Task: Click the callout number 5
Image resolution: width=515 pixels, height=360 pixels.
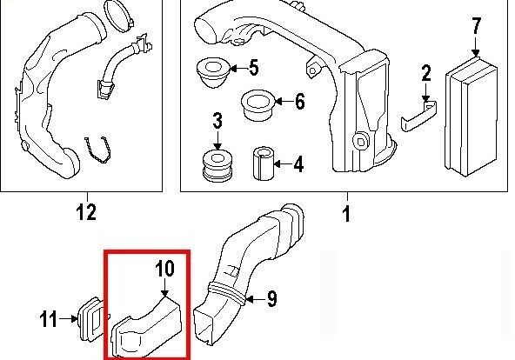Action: pyautogui.click(x=254, y=68)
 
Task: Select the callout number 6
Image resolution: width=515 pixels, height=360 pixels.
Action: pyautogui.click(x=300, y=101)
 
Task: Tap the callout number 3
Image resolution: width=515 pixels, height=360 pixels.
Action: pyautogui.click(x=217, y=121)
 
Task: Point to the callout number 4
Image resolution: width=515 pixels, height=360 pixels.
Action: pyautogui.click(x=298, y=164)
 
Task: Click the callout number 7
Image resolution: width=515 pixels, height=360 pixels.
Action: pyautogui.click(x=477, y=25)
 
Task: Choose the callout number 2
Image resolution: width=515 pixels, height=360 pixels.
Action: pyautogui.click(x=426, y=73)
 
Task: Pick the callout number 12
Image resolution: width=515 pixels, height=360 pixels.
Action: pyautogui.click(x=87, y=212)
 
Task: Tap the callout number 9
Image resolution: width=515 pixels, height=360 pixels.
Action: pyautogui.click(x=271, y=298)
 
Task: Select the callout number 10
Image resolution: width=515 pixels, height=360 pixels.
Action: pyautogui.click(x=165, y=269)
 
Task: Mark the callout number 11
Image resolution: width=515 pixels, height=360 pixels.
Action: pyautogui.click(x=49, y=319)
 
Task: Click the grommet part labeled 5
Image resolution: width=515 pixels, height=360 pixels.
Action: pyautogui.click(x=212, y=72)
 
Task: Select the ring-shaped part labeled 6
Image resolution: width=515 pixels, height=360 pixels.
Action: pyautogui.click(x=257, y=105)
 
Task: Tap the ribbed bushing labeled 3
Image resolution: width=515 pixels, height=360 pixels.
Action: pyautogui.click(x=217, y=165)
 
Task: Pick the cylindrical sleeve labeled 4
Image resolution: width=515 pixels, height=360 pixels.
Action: pyautogui.click(x=263, y=163)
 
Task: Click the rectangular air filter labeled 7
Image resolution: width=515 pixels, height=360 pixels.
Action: pyautogui.click(x=472, y=117)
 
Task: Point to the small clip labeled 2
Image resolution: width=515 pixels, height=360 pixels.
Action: pyautogui.click(x=418, y=116)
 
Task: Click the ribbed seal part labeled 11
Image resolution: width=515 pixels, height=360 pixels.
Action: pyautogui.click(x=91, y=319)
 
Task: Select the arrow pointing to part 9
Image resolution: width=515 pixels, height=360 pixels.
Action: pyautogui.click(x=255, y=299)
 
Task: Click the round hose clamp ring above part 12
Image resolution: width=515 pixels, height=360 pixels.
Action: pyautogui.click(x=119, y=16)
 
